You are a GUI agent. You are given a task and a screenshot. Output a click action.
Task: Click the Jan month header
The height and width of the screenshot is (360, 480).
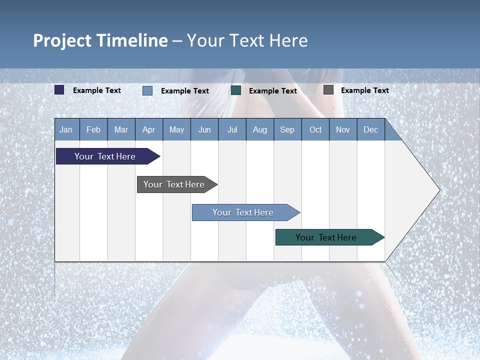[x=66, y=129]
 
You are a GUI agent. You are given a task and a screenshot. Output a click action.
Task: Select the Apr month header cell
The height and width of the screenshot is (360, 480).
[x=148, y=129]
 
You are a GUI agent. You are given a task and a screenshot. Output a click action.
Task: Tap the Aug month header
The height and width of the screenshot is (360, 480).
[x=259, y=129]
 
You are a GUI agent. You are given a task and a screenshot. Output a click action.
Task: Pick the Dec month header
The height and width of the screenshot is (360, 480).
[x=370, y=129]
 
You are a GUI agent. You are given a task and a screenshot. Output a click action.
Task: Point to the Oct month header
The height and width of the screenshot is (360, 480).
[x=315, y=129]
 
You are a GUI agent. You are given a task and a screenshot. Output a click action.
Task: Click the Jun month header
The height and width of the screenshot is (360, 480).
[x=204, y=129]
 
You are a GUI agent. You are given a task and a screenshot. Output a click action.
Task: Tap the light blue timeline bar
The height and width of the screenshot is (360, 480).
[x=243, y=212]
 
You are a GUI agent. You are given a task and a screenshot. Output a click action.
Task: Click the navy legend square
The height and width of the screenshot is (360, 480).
[x=59, y=90]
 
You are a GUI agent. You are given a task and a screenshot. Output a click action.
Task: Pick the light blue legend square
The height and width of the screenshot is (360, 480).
[x=147, y=90]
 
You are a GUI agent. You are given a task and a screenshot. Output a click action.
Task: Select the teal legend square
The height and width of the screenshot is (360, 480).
[x=236, y=90]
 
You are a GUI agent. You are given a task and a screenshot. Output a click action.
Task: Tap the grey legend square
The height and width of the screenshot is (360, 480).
[x=328, y=90]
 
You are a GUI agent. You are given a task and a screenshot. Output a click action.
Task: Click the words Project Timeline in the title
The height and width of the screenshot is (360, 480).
[x=100, y=40]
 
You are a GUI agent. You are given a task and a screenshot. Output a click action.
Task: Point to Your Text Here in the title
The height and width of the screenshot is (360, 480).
[x=247, y=40]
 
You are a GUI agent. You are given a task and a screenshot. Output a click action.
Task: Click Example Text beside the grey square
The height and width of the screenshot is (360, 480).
[x=364, y=90]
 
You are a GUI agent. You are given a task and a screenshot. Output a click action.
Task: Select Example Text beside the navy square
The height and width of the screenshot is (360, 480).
[x=96, y=90]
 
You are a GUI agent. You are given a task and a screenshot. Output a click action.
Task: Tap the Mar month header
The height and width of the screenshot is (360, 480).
[x=121, y=129]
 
